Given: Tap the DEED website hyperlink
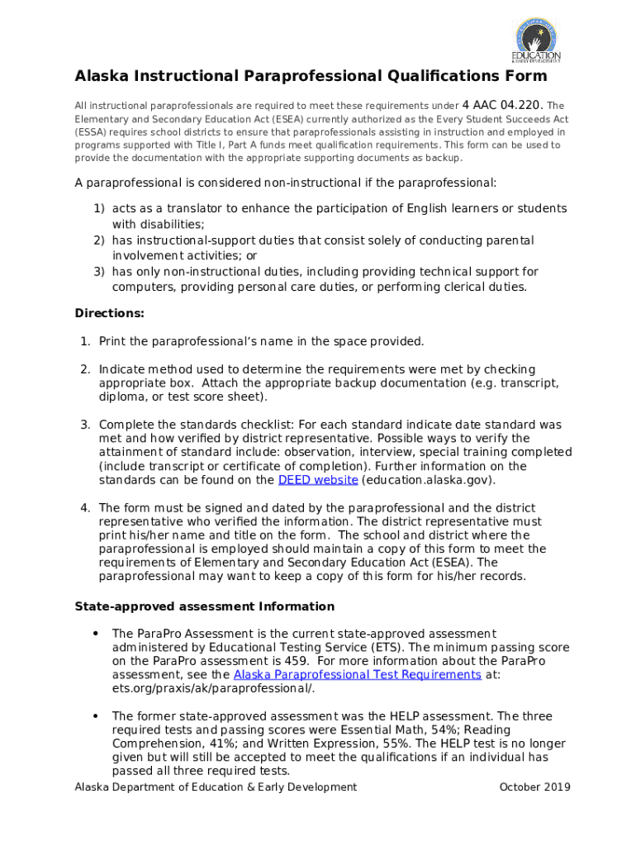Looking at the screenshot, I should tap(318, 480).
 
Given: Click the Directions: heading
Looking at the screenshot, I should tap(109, 314).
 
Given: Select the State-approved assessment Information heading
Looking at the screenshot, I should tap(204, 606).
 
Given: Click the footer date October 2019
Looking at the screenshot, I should tap(534, 787).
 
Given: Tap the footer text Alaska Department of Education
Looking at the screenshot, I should tap(215, 787).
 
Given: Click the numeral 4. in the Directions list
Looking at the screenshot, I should tap(85, 508).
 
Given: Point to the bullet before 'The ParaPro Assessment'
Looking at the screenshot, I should tap(96, 634).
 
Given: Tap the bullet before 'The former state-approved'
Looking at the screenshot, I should tap(96, 716).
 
